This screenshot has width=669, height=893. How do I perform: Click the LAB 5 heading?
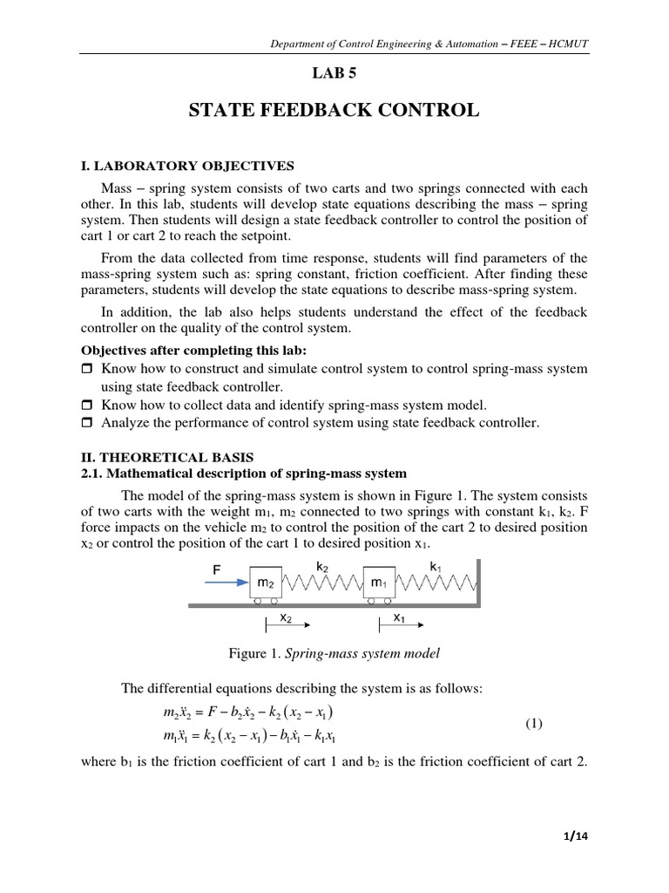click(334, 75)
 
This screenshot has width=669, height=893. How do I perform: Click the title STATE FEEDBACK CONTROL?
click(334, 111)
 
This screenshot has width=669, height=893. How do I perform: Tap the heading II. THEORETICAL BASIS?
click(171, 456)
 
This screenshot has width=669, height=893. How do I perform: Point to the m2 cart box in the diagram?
click(267, 583)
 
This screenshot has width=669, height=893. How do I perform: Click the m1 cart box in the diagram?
click(380, 583)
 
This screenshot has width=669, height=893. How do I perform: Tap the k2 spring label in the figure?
click(321, 566)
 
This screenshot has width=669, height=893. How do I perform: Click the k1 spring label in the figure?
click(436, 566)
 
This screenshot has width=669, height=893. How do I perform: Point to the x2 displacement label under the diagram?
click(285, 618)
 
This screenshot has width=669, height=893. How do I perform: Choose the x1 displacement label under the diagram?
click(398, 618)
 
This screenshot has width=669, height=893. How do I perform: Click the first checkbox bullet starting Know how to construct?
click(86, 370)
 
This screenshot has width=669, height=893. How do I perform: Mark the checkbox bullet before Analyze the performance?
click(86, 423)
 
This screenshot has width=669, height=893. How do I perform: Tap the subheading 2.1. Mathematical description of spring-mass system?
click(243, 474)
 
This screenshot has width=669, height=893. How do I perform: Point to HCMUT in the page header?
click(568, 40)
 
